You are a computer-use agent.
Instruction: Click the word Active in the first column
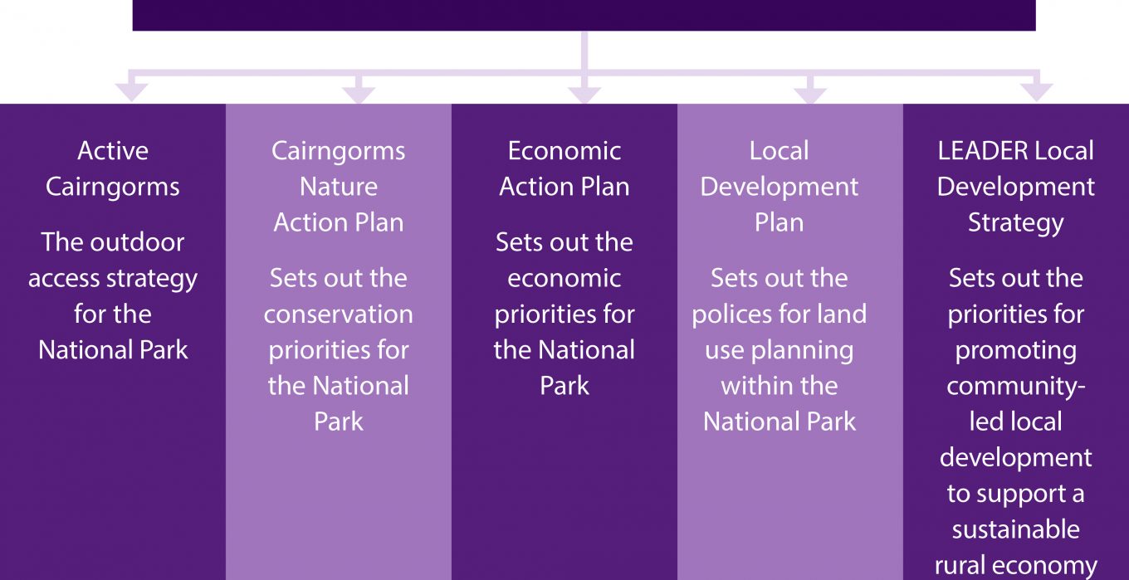point(113,151)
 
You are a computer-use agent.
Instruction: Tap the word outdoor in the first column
point(137,242)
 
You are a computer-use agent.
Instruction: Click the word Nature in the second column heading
point(339,187)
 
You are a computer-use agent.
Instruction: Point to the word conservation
point(339,314)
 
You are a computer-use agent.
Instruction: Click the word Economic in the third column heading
point(564,151)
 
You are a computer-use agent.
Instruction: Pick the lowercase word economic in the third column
point(564,279)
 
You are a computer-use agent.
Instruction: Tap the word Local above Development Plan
point(780,151)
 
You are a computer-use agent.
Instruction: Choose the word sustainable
point(1016,529)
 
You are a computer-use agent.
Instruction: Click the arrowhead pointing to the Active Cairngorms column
point(131,93)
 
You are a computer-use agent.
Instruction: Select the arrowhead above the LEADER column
point(1036,93)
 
